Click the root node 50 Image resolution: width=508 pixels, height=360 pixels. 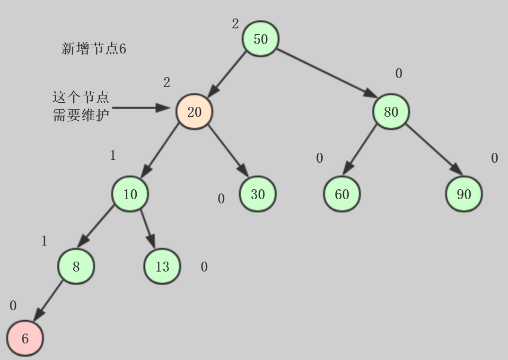click(x=261, y=39)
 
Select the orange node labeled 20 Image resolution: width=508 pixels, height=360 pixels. click(x=194, y=112)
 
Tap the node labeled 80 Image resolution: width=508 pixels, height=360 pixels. click(x=391, y=112)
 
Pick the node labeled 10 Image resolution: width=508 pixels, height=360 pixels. click(x=130, y=194)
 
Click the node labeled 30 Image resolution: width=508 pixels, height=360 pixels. click(x=257, y=194)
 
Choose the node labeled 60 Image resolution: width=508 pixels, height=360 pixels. click(x=342, y=194)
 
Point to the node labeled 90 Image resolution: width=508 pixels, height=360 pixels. click(x=464, y=194)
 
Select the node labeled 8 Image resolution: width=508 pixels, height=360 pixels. click(x=76, y=266)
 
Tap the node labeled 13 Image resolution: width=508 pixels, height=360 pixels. click(x=162, y=266)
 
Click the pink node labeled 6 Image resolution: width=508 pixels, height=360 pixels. click(x=25, y=338)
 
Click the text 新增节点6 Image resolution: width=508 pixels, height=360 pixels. click(x=94, y=49)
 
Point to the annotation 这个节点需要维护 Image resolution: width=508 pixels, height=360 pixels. click(x=81, y=106)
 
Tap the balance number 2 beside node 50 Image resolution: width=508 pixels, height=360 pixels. click(x=235, y=24)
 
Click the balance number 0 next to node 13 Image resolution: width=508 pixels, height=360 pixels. click(x=204, y=267)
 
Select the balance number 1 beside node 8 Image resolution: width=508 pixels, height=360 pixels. click(x=44, y=241)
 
